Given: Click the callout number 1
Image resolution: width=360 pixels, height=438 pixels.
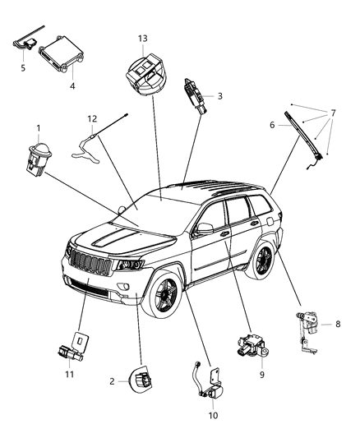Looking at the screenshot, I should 38,128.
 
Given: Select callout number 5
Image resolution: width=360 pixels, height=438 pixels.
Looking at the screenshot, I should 23,67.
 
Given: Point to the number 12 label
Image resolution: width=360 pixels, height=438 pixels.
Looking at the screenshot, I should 93,118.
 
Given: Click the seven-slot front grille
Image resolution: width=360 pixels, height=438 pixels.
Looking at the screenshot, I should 90,265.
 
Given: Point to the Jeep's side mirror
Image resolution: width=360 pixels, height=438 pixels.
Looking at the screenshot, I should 204,228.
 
